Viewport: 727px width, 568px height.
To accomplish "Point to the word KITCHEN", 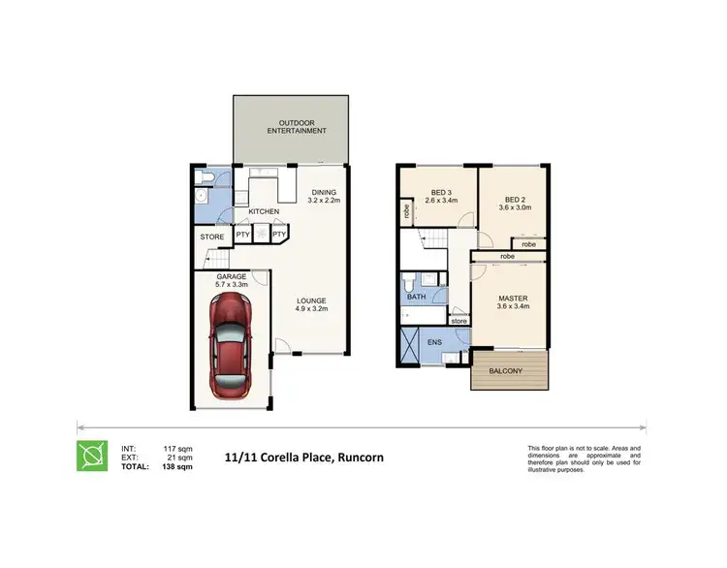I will [264, 211].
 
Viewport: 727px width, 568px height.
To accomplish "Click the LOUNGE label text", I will [311, 300].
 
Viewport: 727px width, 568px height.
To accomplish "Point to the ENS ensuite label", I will [434, 341].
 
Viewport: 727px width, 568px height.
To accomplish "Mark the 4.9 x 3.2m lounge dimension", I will [312, 309].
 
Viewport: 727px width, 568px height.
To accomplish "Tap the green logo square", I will [93, 457].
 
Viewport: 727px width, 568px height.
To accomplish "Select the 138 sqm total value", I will [178, 466].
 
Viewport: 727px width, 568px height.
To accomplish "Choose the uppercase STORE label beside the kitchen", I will [211, 237].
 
